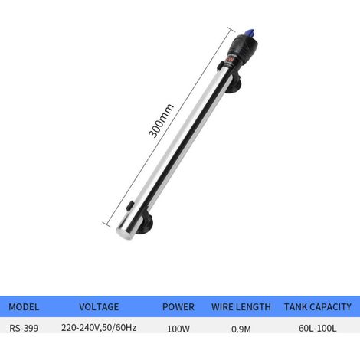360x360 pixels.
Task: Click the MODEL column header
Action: point(24,306)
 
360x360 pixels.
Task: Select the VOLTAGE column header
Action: point(99,306)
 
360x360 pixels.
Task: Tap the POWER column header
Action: point(178,306)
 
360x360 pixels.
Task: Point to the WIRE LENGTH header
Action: point(241,306)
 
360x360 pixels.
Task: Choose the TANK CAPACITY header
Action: point(318,306)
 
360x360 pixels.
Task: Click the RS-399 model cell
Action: point(24,328)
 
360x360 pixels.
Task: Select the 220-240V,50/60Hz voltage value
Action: point(99,327)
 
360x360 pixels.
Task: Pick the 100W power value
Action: point(178,329)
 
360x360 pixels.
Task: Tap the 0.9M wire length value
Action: point(241,329)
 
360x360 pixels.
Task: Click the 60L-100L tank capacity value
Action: point(318,328)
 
